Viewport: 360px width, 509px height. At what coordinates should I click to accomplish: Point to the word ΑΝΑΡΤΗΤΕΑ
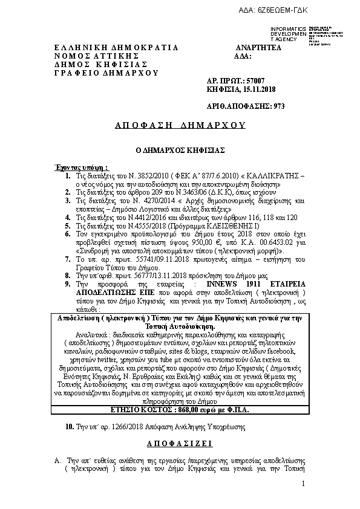click(258, 47)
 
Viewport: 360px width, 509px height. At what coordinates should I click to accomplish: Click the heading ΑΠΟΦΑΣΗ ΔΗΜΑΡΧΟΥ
click(180, 126)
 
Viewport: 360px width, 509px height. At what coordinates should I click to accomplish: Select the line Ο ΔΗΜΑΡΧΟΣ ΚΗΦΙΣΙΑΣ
click(180, 149)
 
